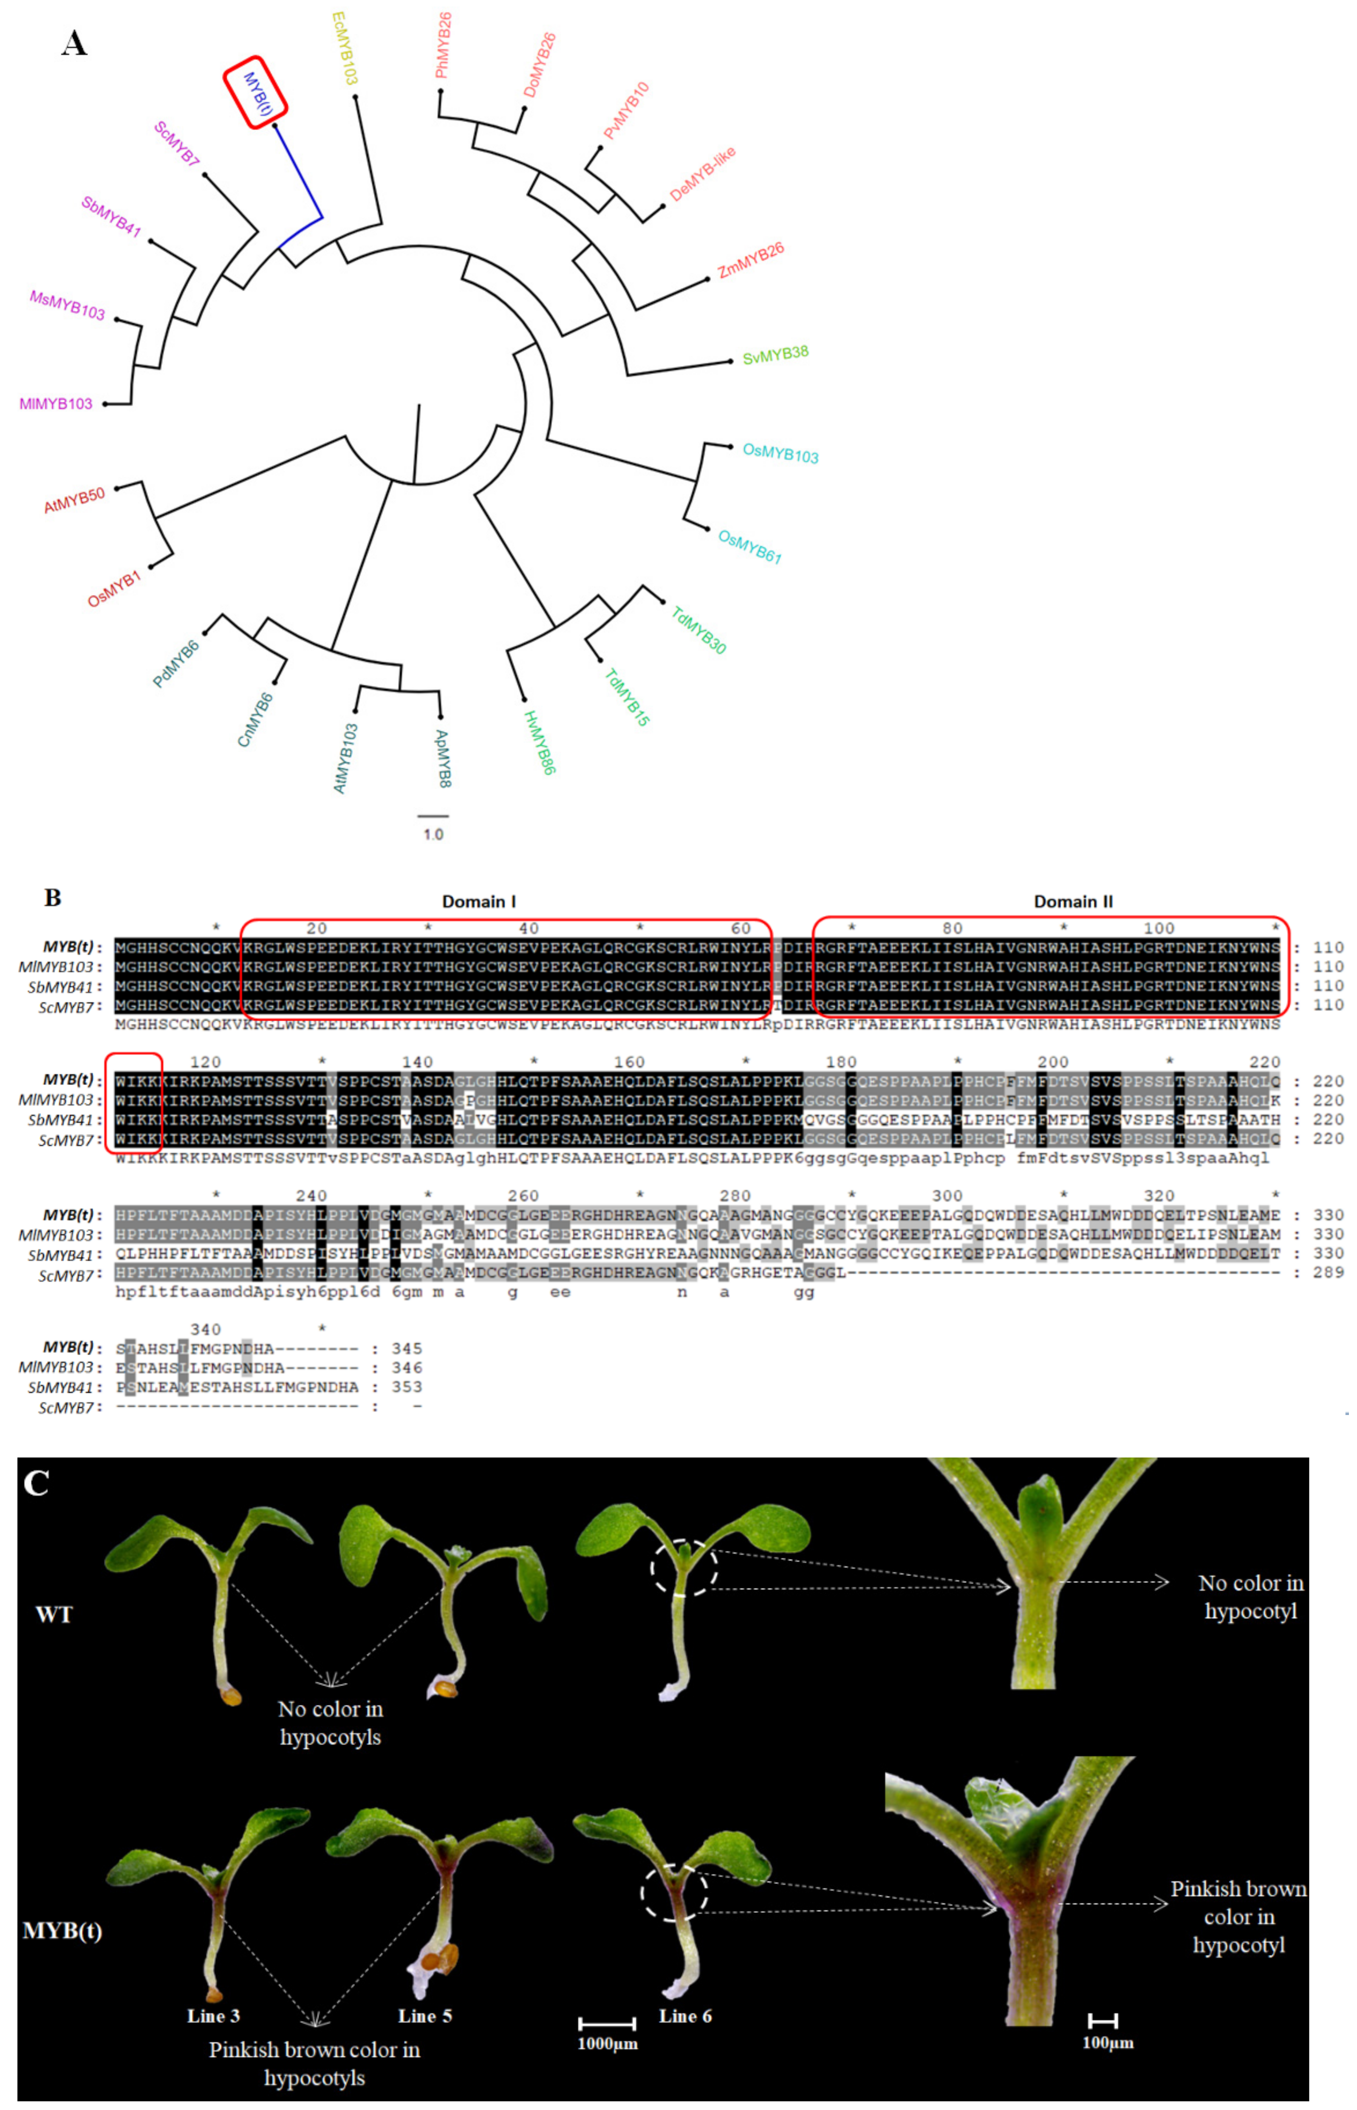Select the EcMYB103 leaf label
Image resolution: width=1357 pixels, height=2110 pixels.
345,48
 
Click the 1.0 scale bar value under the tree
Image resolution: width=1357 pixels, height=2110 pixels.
433,833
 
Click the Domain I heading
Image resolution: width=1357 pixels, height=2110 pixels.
478,901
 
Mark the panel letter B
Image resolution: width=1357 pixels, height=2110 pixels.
53,898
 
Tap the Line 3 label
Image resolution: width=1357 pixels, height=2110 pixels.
213,2016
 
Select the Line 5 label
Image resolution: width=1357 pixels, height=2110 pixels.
425,2016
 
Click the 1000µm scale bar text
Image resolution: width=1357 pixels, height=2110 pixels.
607,2043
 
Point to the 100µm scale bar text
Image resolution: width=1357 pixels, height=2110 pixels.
1108,2042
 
